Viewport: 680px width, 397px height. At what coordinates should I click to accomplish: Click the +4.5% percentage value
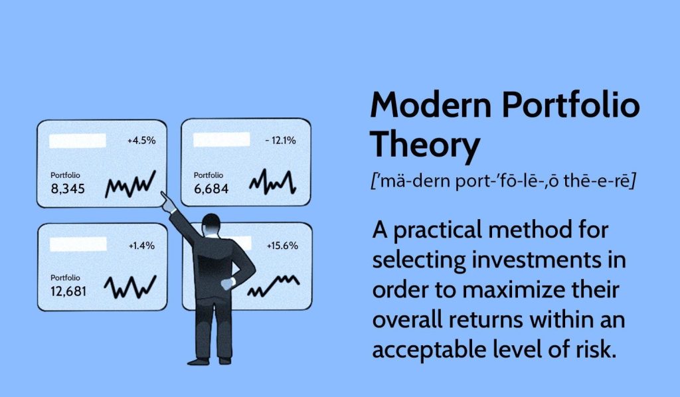pyautogui.click(x=141, y=141)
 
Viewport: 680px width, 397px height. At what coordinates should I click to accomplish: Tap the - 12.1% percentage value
pyautogui.click(x=280, y=141)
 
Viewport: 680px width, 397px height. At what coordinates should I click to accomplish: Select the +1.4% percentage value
pyautogui.click(x=141, y=246)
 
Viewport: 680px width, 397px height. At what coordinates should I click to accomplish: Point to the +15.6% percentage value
pyautogui.click(x=282, y=246)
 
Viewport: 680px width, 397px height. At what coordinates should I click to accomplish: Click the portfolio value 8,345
pyautogui.click(x=68, y=189)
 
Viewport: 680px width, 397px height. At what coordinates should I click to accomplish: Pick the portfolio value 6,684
pyautogui.click(x=211, y=189)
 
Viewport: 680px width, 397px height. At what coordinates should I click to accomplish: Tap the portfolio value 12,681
pyautogui.click(x=68, y=291)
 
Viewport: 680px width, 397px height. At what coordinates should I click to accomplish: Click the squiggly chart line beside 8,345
pyautogui.click(x=130, y=185)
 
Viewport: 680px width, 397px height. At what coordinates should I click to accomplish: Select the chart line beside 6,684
pyautogui.click(x=272, y=182)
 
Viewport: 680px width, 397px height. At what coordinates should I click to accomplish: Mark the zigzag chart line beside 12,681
pyautogui.click(x=130, y=287)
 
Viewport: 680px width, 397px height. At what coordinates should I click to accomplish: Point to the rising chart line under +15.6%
pyautogui.click(x=273, y=286)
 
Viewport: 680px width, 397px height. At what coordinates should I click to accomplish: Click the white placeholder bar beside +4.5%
pyautogui.click(x=78, y=141)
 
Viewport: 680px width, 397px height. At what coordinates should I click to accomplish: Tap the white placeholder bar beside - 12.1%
pyautogui.click(x=222, y=139)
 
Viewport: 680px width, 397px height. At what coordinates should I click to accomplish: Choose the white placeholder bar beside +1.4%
pyautogui.click(x=78, y=244)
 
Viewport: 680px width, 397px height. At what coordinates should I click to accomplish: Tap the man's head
pyautogui.click(x=211, y=224)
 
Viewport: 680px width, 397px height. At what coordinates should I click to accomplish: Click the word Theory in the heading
pyautogui.click(x=425, y=145)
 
